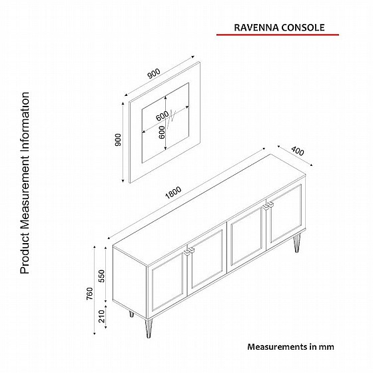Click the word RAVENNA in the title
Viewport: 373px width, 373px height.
256,27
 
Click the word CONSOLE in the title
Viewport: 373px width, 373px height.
303,27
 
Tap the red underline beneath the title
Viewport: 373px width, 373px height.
278,35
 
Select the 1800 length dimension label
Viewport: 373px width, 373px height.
173,192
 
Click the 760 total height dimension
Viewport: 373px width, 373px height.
90,293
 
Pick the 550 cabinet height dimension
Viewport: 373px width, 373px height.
101,276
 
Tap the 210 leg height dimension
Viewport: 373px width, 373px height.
101,316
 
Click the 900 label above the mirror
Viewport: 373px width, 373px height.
154,73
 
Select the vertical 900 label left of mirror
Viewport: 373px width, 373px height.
118,140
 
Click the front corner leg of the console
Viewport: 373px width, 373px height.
149,328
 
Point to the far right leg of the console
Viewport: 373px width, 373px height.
297,243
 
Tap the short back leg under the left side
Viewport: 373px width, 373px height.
131,314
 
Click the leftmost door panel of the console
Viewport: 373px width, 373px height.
167,284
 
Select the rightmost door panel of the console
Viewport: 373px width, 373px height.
286,215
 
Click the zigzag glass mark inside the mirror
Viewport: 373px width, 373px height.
171,119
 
